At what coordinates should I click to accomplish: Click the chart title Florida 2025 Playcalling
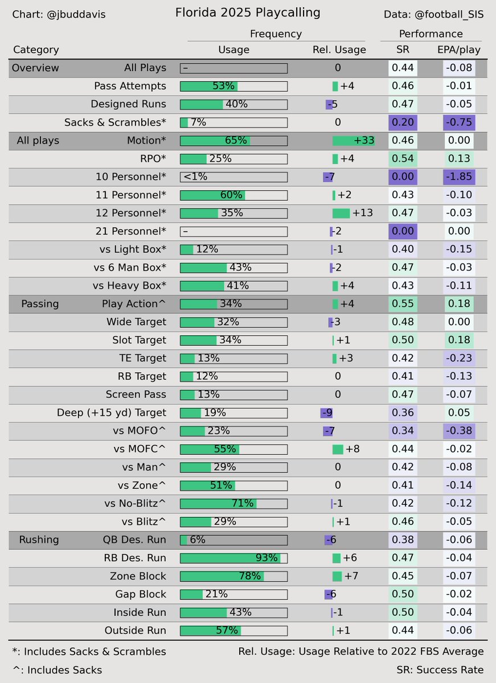(248, 13)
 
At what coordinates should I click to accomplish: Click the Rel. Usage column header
(339, 50)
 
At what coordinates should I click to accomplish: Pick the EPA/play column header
(459, 50)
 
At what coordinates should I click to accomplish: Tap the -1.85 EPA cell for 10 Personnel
(459, 176)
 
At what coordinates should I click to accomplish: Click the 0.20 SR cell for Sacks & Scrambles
(403, 122)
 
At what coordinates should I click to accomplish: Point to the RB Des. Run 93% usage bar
(233, 558)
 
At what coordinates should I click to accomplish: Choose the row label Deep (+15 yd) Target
(112, 413)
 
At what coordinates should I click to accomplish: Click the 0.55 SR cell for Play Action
(403, 304)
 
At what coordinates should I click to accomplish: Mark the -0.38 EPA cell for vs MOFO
(459, 431)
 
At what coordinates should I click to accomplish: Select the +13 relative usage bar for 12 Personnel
(341, 213)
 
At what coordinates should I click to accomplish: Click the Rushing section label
(39, 540)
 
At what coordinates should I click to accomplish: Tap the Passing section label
(40, 304)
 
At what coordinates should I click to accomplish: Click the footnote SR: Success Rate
(440, 670)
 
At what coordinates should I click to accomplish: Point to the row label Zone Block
(138, 576)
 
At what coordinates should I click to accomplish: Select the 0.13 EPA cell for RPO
(459, 159)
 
